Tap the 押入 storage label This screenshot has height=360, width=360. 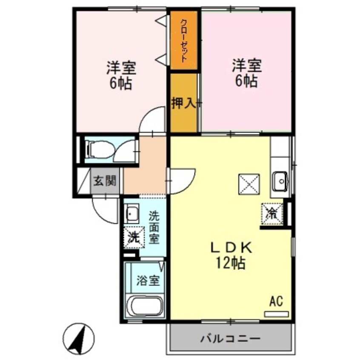(x=183, y=103)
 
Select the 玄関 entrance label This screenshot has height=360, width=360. (x=104, y=181)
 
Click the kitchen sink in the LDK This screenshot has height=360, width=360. (x=280, y=183)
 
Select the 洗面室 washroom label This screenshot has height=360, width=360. (x=154, y=227)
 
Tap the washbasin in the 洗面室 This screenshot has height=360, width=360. (x=132, y=213)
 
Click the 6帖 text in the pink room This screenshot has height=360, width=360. (x=246, y=81)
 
